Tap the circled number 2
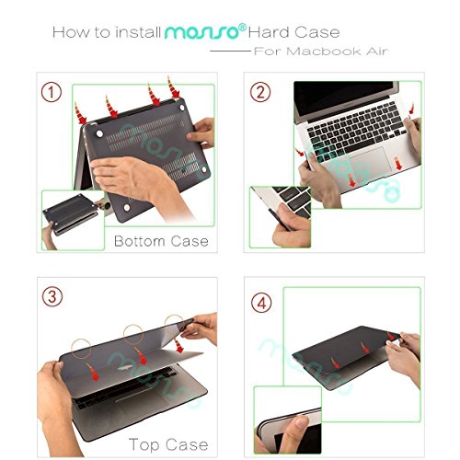[263, 94]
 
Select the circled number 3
[54, 296]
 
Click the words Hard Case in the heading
[291, 32]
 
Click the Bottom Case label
[161, 242]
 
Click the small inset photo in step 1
[72, 219]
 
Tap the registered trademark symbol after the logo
[243, 27]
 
